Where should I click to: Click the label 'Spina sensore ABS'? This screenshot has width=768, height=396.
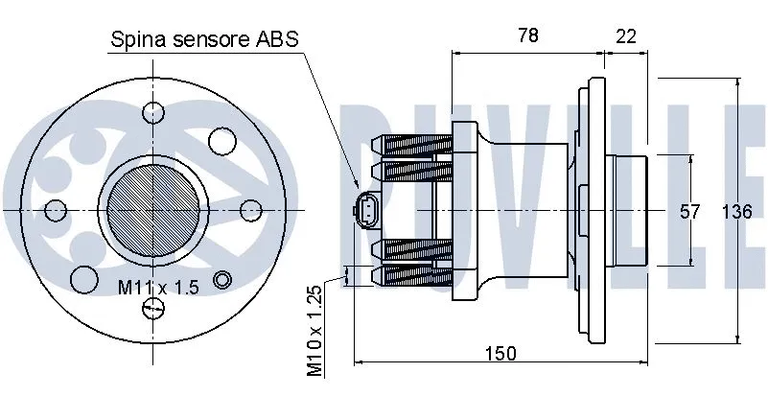pos(205,39)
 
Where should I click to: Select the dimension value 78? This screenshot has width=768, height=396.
pos(526,35)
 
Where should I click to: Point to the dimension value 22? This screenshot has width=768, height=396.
pos(625,35)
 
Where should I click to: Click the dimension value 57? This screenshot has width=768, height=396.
pos(690,212)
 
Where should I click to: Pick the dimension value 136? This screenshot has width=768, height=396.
pos(736,212)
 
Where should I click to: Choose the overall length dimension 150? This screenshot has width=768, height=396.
pos(500,354)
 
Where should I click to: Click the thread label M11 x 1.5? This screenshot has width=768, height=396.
pos(157,287)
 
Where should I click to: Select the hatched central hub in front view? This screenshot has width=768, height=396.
pos(152,208)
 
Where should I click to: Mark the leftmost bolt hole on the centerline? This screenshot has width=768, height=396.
pos(57,208)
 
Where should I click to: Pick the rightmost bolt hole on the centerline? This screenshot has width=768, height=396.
pos(251,208)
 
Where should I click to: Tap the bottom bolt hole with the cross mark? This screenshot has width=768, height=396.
pos(152,307)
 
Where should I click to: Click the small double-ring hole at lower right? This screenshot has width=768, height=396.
pos(222,279)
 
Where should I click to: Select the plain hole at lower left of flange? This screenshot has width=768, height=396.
pos(83,279)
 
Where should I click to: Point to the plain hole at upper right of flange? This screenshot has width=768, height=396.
pos(222,140)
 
